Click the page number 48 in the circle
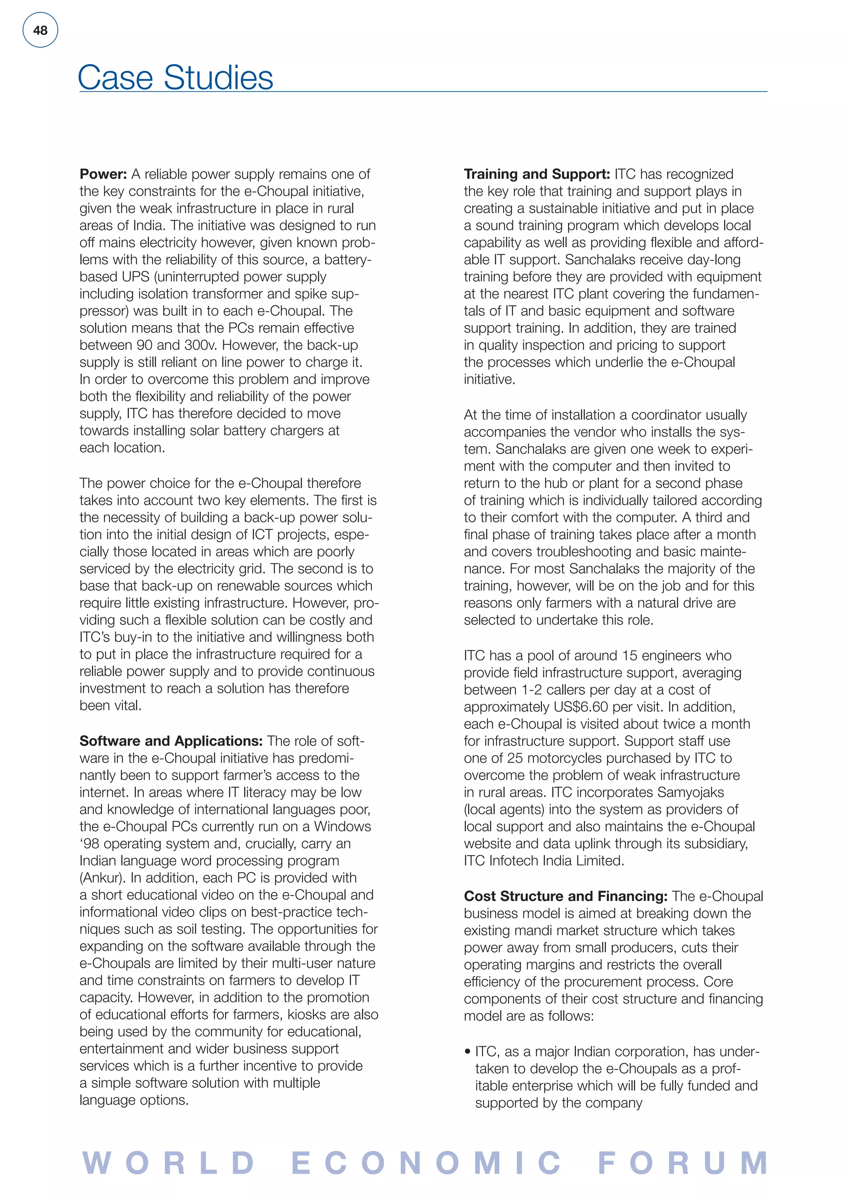click(x=40, y=30)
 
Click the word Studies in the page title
click(x=218, y=78)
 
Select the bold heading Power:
click(x=103, y=174)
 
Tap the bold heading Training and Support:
click(x=537, y=174)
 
